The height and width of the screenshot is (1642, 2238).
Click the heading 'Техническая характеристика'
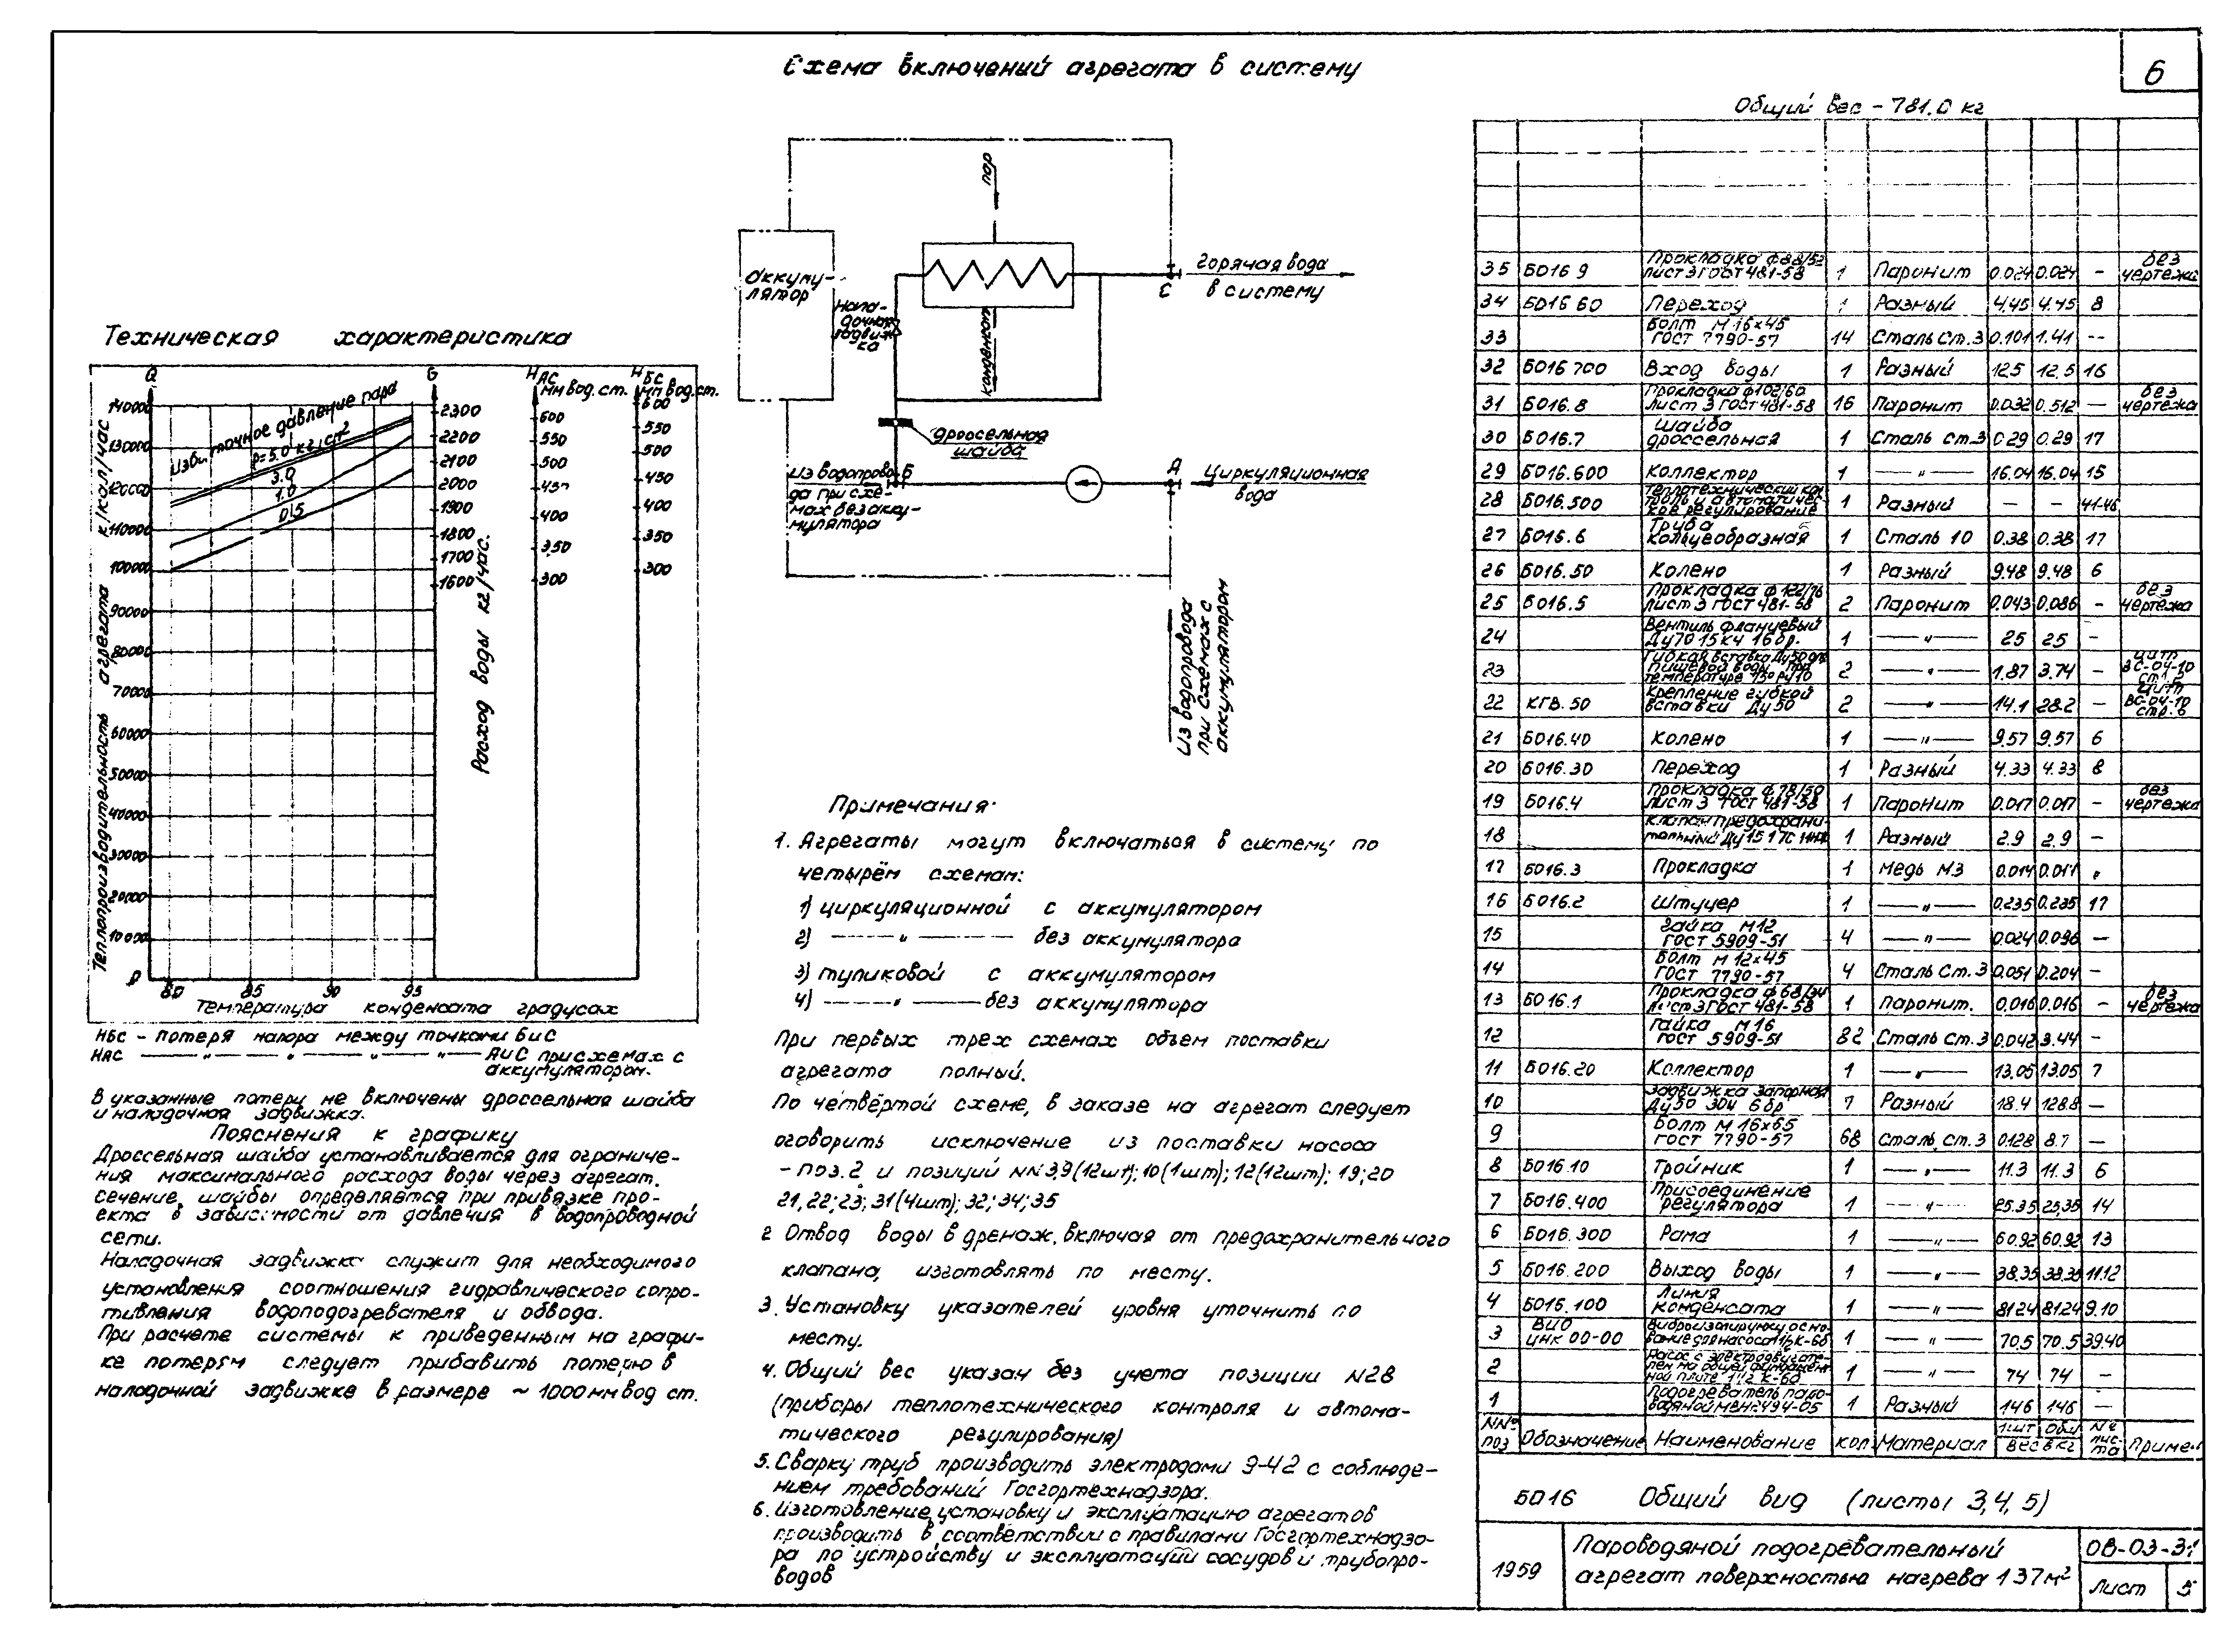click(338, 339)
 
